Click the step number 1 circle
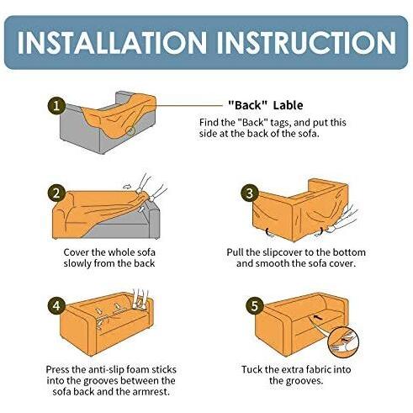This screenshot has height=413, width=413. click(x=56, y=106)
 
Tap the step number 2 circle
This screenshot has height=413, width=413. click(x=56, y=193)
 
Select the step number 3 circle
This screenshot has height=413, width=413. click(x=249, y=193)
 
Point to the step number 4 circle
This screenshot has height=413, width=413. click(x=56, y=305)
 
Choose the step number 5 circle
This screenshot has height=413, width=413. click(x=254, y=305)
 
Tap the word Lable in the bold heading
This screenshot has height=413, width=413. click(x=288, y=105)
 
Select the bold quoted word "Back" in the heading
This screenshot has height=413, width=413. click(x=248, y=105)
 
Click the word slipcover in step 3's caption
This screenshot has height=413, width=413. click(x=283, y=252)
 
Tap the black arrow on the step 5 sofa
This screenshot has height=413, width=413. click(x=317, y=317)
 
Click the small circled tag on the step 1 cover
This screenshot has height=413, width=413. click(x=130, y=130)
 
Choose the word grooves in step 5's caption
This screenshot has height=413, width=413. click(x=304, y=381)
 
